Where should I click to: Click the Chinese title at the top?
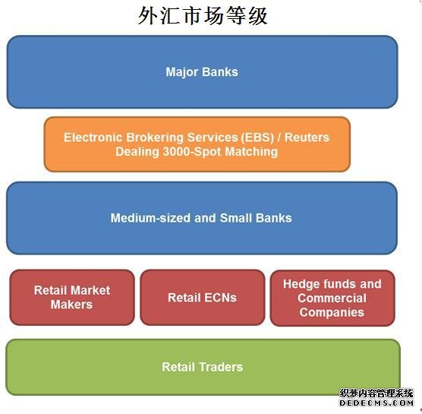(x=203, y=16)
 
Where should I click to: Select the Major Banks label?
(x=202, y=72)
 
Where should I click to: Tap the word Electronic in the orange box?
(x=93, y=137)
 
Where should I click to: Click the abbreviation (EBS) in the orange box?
(x=257, y=137)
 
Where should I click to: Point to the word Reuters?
(x=307, y=137)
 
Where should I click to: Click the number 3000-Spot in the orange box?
(x=193, y=152)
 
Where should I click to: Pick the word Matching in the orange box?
(x=251, y=152)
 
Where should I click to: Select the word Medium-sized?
(x=150, y=218)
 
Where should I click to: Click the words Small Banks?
(x=256, y=218)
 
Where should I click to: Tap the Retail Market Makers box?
(x=72, y=297)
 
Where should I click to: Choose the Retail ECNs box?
(x=203, y=297)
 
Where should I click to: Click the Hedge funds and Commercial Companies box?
(x=332, y=298)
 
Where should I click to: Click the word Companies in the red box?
(x=332, y=312)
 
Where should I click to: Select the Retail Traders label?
(x=203, y=367)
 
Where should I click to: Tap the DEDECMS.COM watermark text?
(x=376, y=403)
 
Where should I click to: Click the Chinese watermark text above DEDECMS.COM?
(x=376, y=393)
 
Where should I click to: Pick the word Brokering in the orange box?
(x=155, y=137)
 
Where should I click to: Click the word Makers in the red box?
(x=71, y=305)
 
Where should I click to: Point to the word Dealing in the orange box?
(x=137, y=152)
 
